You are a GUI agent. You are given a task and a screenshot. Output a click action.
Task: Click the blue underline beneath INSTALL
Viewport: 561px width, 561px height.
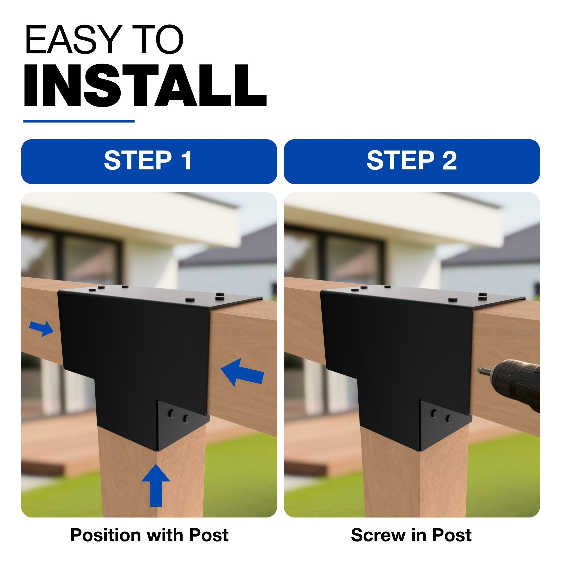tap(79, 121)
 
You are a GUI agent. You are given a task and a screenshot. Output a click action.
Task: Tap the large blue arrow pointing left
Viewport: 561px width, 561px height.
tap(242, 373)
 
